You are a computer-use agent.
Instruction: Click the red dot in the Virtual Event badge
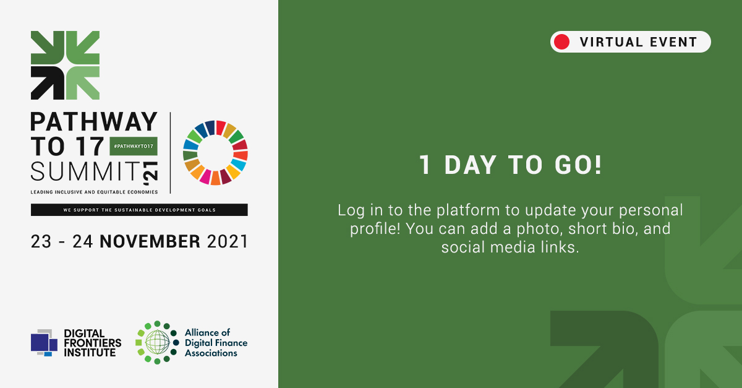tap(562, 42)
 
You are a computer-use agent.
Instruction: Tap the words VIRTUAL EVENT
tap(638, 42)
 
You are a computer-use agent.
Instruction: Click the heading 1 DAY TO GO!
tap(510, 166)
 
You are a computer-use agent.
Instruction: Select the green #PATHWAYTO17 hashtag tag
tap(133, 146)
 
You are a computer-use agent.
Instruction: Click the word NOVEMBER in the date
tap(150, 241)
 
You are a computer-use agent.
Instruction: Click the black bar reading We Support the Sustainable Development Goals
tap(139, 210)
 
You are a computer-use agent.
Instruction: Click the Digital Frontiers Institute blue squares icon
tap(44, 342)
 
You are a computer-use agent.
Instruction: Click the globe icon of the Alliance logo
tap(156, 342)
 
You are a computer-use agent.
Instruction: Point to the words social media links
tap(510, 247)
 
